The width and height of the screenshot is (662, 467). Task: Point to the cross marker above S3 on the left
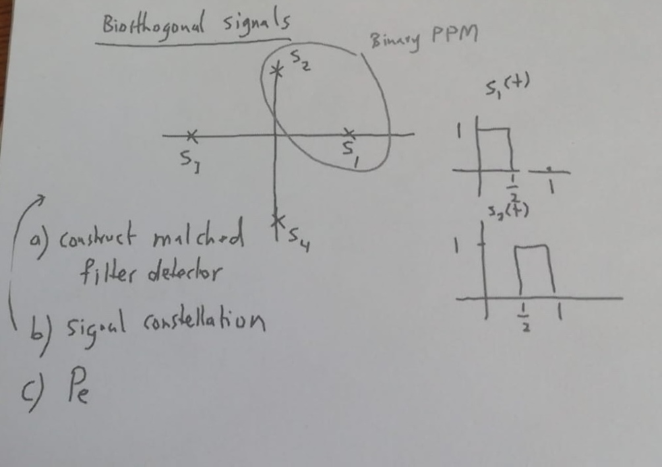pos(190,137)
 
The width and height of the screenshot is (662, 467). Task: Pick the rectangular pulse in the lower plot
pos(535,270)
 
